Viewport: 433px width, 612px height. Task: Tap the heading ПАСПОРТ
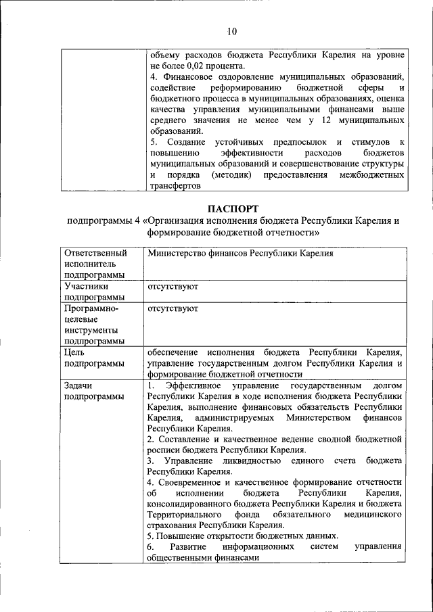click(233, 208)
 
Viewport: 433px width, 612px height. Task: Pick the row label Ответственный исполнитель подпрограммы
click(95, 264)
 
